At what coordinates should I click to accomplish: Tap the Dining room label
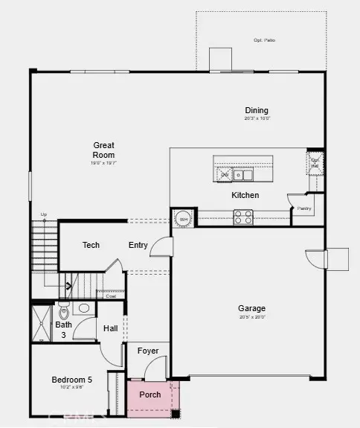pos(257,110)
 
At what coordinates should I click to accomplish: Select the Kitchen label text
pos(245,195)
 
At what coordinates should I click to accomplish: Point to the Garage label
pos(251,308)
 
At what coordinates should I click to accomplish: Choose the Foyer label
pos(148,351)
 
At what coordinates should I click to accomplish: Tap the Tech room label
pos(91,245)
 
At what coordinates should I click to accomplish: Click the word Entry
pos(138,245)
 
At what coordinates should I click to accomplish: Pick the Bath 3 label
pos(63,329)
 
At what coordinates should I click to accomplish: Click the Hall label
pos(110,328)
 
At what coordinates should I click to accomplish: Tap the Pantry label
pos(304,208)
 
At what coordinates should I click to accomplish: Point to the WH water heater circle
pos(182,218)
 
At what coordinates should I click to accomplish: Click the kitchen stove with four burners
pos(243,217)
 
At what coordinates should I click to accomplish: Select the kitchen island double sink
pos(242,176)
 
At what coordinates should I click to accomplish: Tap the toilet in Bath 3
pos(63,312)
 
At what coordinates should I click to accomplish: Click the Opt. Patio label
pos(264,40)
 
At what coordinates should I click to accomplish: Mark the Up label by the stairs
pos(44,215)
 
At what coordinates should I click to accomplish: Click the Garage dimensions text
pos(251,316)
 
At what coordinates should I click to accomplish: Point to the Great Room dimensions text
pos(104,162)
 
